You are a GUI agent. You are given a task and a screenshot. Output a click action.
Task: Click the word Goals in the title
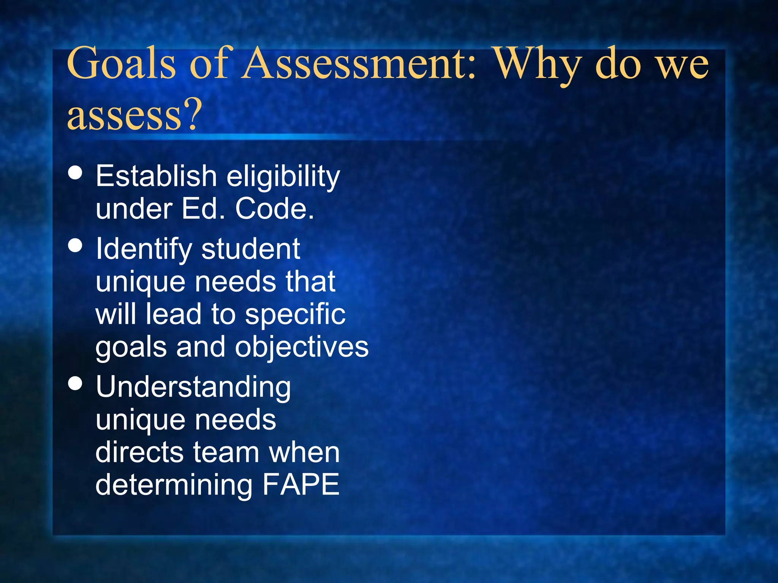point(121,63)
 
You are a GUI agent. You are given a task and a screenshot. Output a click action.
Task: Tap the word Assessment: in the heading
point(359,63)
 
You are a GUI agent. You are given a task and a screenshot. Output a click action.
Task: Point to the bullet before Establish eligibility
point(75,172)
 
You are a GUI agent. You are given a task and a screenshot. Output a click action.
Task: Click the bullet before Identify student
point(75,245)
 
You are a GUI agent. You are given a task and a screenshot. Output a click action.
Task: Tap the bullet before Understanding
point(75,383)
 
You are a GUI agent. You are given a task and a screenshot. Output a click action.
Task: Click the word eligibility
point(283,177)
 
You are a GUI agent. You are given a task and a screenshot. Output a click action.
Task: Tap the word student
point(251,249)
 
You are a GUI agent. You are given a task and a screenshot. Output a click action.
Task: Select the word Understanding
point(193,388)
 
